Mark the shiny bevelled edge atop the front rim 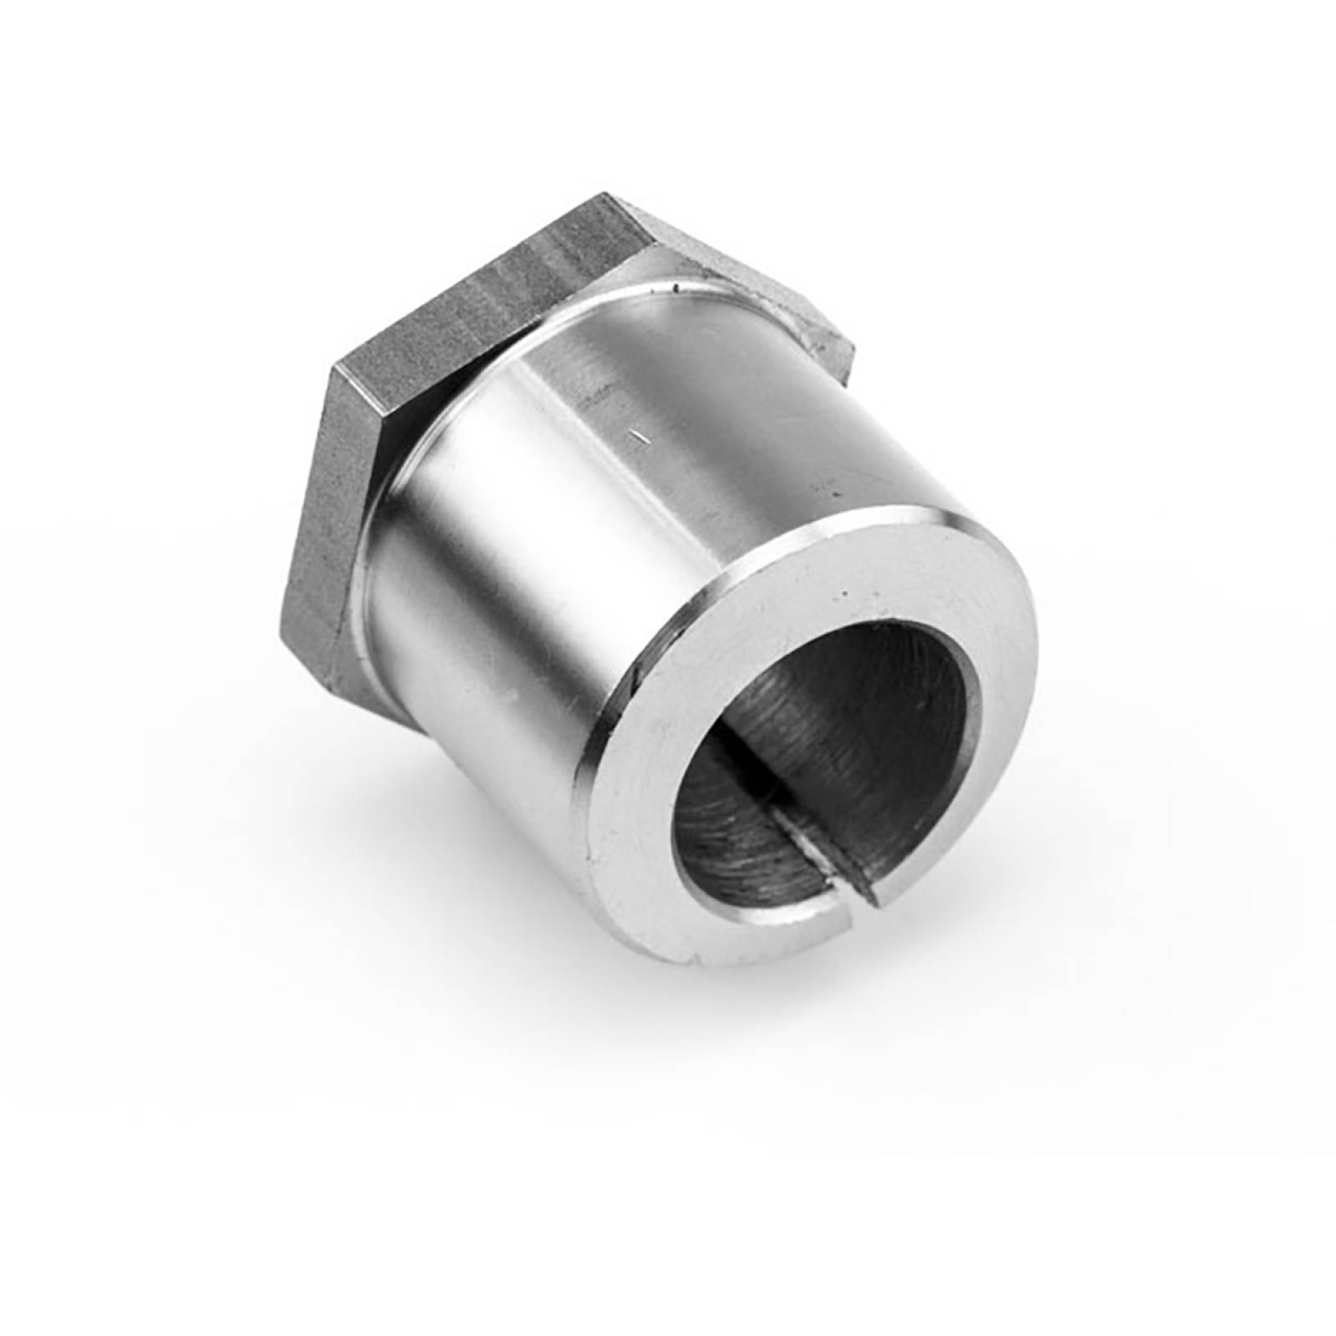click(835, 526)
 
